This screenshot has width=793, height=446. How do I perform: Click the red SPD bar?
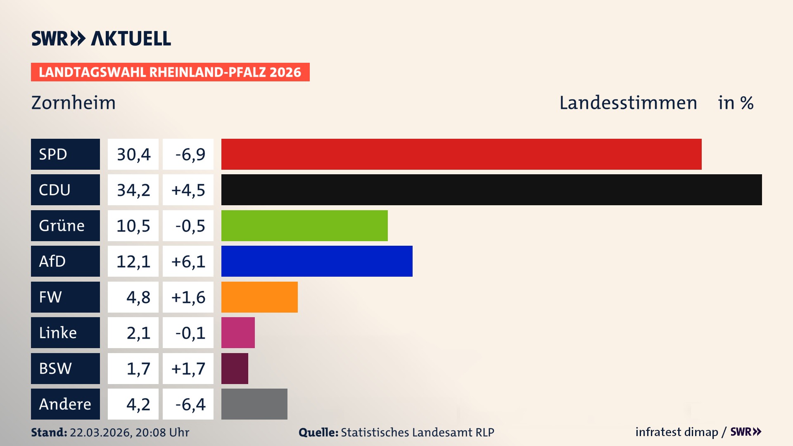pyautogui.click(x=461, y=154)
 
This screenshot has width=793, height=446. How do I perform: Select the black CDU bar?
pyautogui.click(x=491, y=190)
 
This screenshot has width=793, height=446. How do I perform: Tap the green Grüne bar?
pyautogui.click(x=304, y=225)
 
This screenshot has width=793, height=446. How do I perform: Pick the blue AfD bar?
pyautogui.click(x=317, y=261)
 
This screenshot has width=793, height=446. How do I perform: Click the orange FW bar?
pyautogui.click(x=259, y=297)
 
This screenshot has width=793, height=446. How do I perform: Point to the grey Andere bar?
pyautogui.click(x=254, y=404)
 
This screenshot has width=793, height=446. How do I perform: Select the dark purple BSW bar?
pyautogui.click(x=235, y=368)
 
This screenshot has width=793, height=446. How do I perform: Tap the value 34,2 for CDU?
pyautogui.click(x=133, y=190)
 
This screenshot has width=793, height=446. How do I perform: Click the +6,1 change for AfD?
pyautogui.click(x=188, y=261)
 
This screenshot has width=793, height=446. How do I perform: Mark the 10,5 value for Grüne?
pyautogui.click(x=133, y=226)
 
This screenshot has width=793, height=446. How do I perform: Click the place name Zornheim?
pyautogui.click(x=74, y=103)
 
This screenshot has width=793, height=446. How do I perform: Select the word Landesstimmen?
pyautogui.click(x=628, y=103)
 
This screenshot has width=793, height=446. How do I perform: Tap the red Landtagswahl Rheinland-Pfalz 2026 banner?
pyautogui.click(x=170, y=72)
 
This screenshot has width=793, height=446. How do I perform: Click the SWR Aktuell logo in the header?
pyautogui.click(x=101, y=39)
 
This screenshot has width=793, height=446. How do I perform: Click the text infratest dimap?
pyautogui.click(x=676, y=432)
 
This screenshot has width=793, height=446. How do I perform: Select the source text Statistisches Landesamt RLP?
pyautogui.click(x=417, y=432)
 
